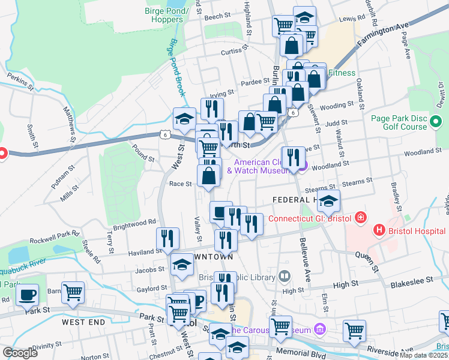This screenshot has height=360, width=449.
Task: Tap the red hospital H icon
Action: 378,230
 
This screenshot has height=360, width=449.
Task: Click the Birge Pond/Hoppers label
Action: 164,15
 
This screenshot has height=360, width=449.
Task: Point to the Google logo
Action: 20,353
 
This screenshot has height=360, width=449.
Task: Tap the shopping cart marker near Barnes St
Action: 73,292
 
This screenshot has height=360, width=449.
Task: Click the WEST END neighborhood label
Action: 83,322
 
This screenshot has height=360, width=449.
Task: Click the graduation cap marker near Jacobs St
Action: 182,265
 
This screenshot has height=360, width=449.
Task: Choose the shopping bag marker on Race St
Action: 209,178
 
